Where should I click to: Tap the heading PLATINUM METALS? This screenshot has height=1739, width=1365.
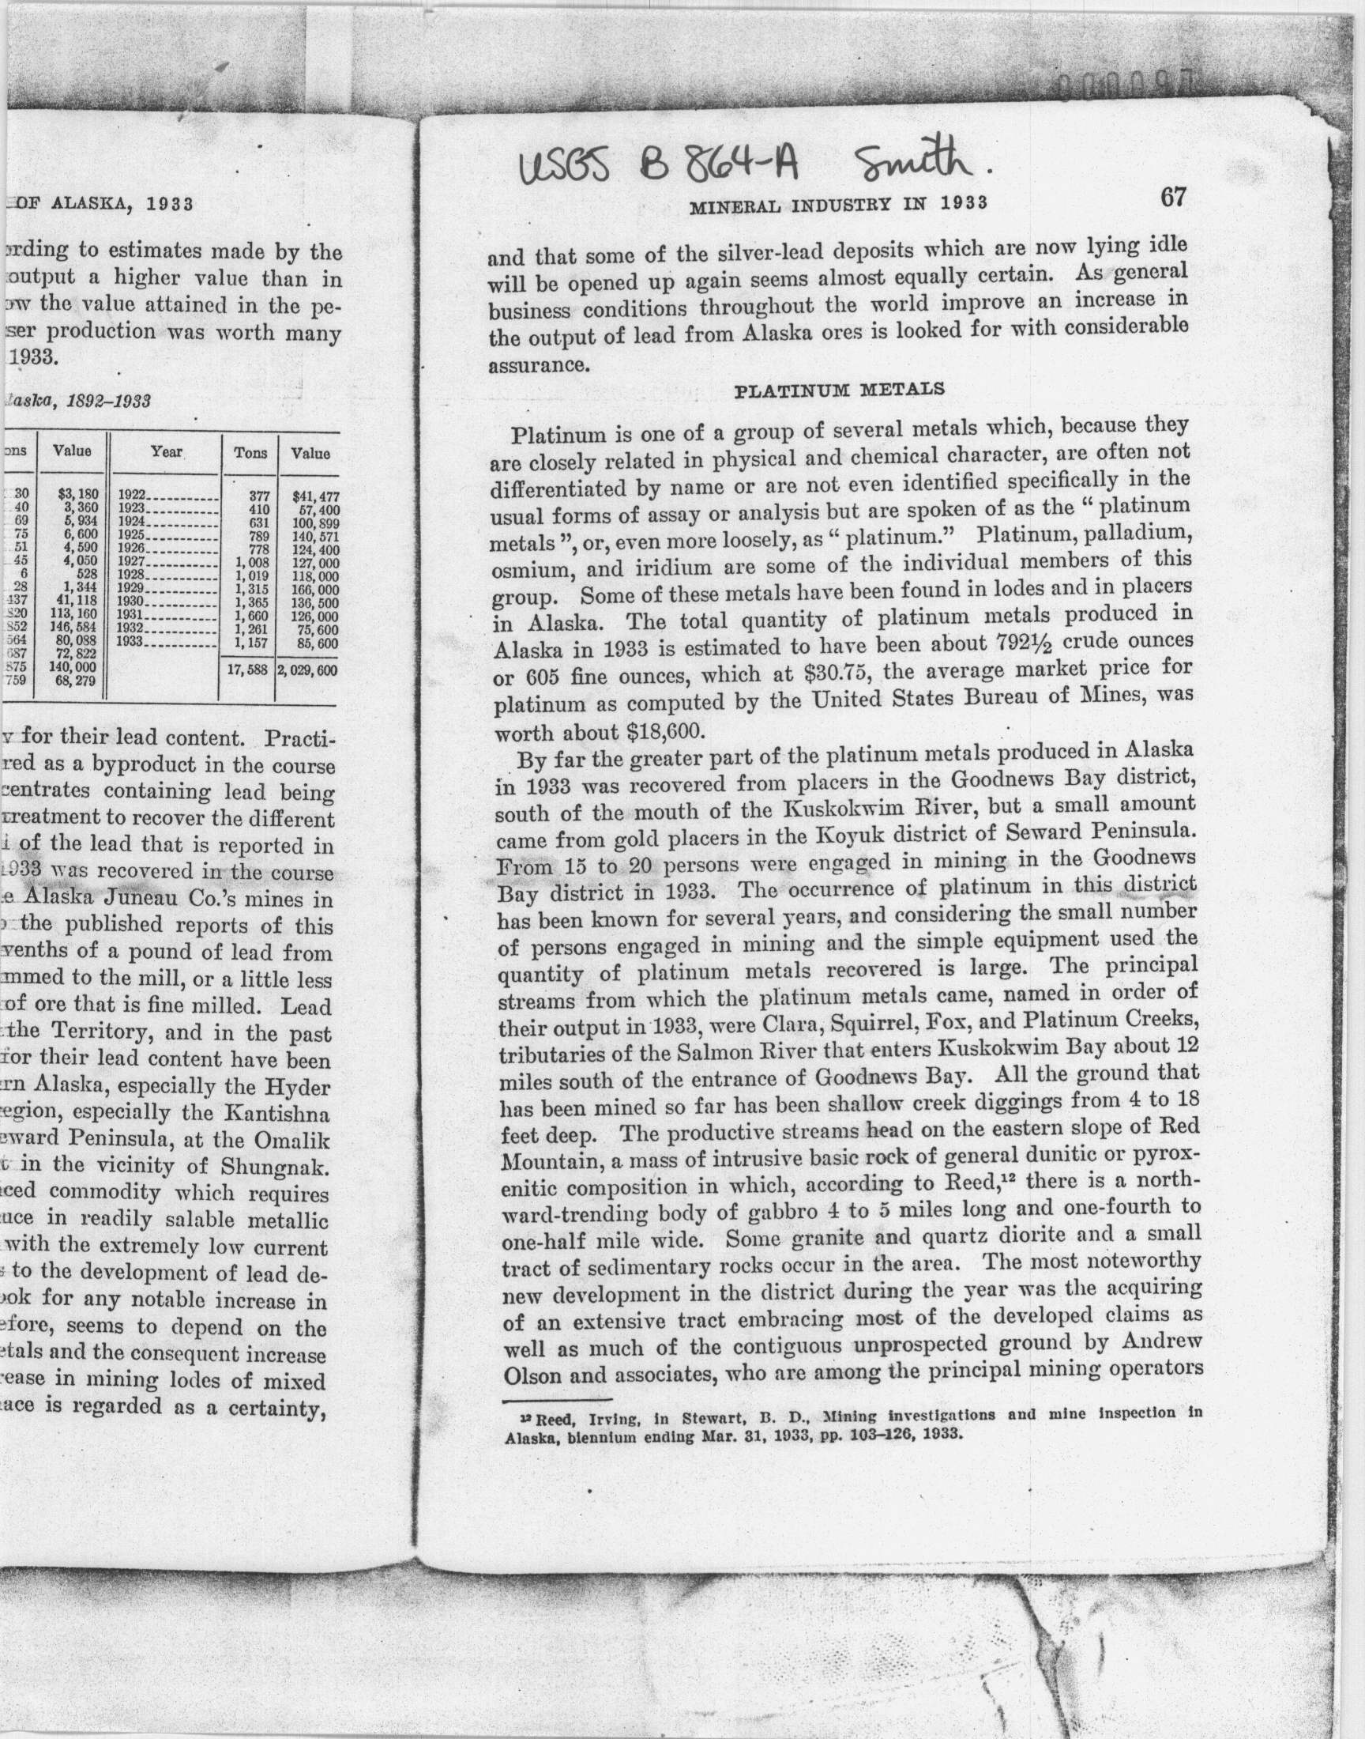pos(839,390)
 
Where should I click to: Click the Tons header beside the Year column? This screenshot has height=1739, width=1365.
pos(250,454)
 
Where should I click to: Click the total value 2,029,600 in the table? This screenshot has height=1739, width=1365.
pos(308,671)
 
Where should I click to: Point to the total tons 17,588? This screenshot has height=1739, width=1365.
pos(247,671)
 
